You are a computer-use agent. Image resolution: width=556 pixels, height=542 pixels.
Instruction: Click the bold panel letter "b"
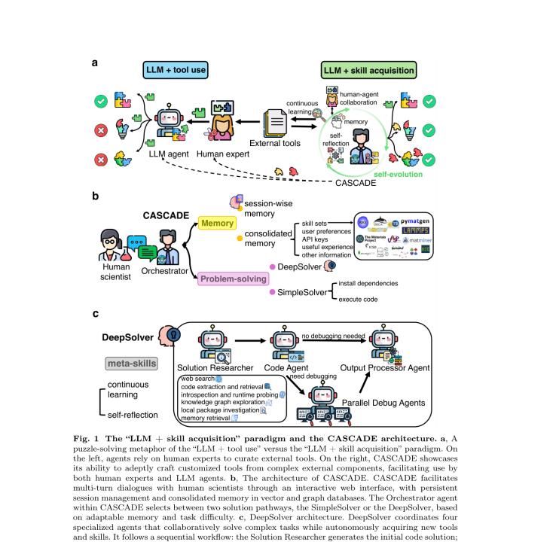tap(96, 195)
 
